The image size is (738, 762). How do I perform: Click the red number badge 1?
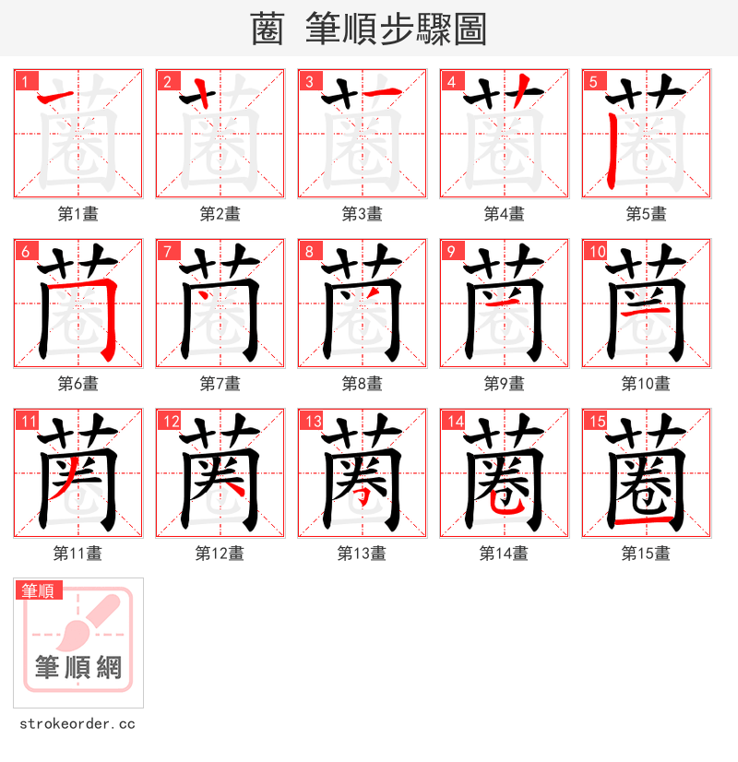[x=24, y=81]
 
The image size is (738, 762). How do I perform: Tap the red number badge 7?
[x=166, y=251]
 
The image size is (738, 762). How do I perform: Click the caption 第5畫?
[x=646, y=213]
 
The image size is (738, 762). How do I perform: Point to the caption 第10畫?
[x=646, y=383]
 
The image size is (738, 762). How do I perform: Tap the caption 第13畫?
[x=362, y=553]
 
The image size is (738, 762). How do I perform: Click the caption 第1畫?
[x=78, y=213]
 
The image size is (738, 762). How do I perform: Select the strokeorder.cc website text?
[x=76, y=724]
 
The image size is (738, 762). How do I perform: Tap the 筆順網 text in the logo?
[x=78, y=667]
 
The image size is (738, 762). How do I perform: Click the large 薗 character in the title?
[x=268, y=30]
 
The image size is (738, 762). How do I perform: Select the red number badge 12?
[x=167, y=421]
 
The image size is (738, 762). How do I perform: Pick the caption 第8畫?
[x=362, y=383]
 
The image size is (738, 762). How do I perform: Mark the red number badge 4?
[x=450, y=81]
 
